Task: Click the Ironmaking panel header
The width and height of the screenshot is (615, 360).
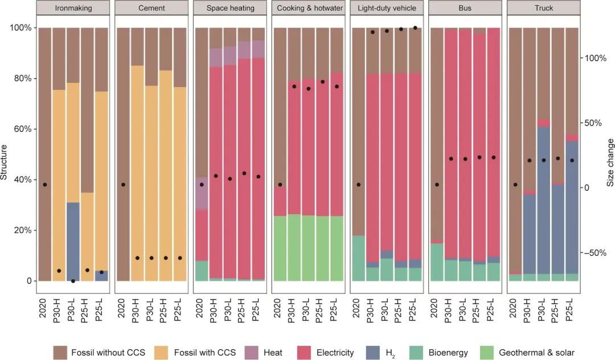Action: (x=73, y=9)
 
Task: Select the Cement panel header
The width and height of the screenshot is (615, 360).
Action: (x=151, y=9)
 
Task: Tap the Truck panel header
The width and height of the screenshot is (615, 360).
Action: (x=543, y=9)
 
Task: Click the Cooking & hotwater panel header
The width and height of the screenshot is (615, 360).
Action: (x=308, y=9)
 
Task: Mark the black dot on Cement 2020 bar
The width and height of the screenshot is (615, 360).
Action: (x=123, y=185)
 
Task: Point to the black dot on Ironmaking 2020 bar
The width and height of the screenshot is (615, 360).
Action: (x=45, y=185)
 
